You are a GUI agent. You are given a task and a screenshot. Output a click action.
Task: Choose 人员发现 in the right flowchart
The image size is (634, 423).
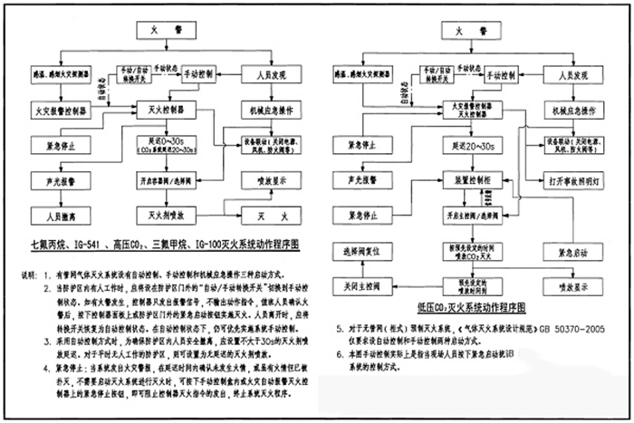click(x=573, y=69)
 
